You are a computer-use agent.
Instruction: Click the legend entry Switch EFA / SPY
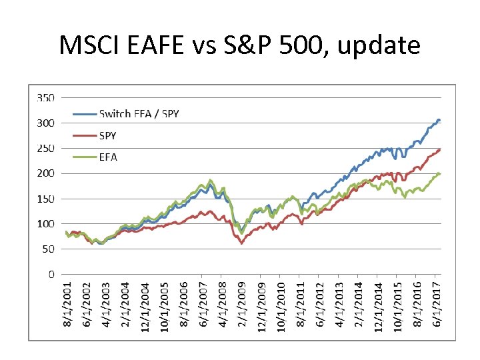tap(139, 114)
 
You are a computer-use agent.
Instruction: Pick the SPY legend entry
tap(107, 135)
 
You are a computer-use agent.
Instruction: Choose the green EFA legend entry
tap(107, 157)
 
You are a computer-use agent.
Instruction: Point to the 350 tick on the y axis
tap(46, 97)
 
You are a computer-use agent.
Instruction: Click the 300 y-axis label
tap(46, 123)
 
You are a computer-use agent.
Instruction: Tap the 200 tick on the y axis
tap(46, 173)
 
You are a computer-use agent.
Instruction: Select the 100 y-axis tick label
tap(46, 223)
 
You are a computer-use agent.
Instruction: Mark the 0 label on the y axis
tap(51, 274)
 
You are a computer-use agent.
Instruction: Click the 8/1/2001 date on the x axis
tap(67, 305)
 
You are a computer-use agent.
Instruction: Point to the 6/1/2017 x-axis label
tap(437, 305)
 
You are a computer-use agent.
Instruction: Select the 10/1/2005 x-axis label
tap(164, 305)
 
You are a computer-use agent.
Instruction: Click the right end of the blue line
tap(439, 120)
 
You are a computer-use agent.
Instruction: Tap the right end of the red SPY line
tap(439, 150)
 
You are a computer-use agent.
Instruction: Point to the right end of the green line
tap(439, 174)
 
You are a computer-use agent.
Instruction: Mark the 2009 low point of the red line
tap(241, 244)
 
